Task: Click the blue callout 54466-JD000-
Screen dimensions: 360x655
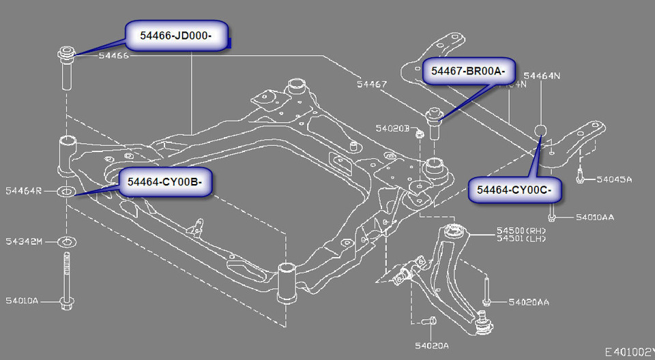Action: point(176,35)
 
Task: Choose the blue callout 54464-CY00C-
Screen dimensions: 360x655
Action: point(515,189)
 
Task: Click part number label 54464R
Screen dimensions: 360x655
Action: point(24,191)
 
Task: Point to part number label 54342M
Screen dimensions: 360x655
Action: point(24,241)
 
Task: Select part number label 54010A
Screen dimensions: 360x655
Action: point(22,300)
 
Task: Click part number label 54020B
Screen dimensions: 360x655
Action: point(392,127)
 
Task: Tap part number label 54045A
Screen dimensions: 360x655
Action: point(614,179)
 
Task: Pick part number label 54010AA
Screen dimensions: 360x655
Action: point(594,217)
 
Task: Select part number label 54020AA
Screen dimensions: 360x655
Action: point(529,301)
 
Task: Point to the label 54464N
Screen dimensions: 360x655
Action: point(541,76)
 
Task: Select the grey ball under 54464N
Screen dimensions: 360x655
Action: point(540,131)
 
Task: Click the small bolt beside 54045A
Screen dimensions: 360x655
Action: point(579,176)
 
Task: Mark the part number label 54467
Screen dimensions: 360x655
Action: point(371,85)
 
